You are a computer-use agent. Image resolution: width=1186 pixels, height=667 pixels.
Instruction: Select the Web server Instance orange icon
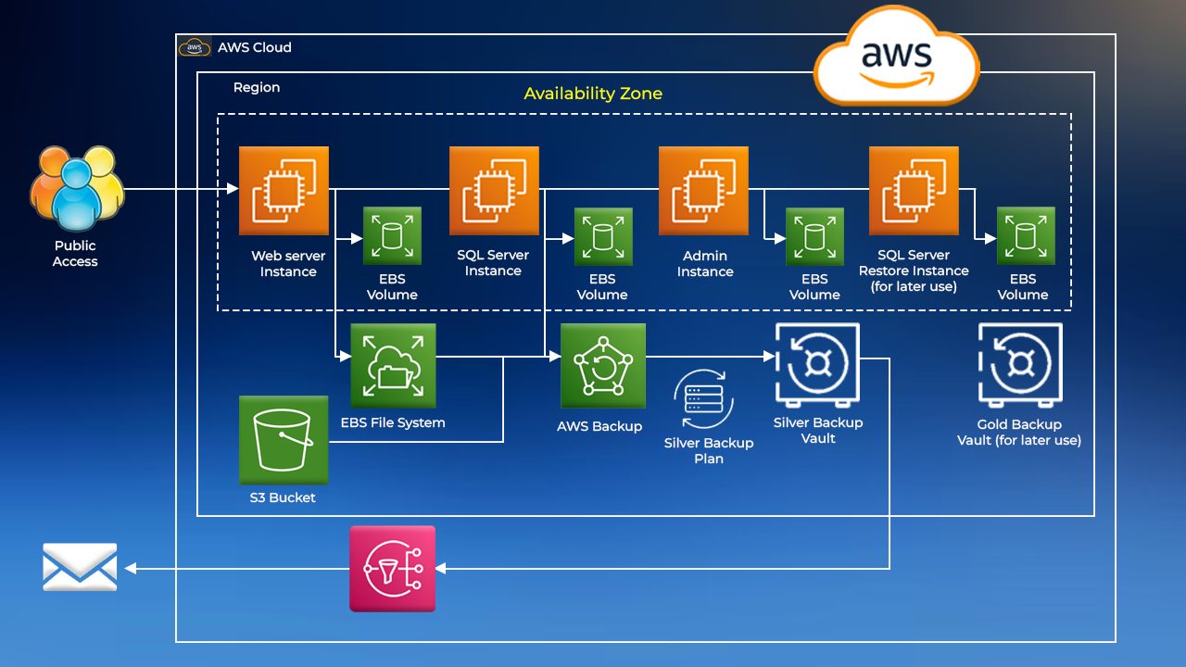tap(284, 190)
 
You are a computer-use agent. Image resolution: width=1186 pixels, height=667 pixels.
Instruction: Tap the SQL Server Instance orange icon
tap(495, 190)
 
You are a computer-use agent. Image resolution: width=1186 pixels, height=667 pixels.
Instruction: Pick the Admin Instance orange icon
tap(703, 190)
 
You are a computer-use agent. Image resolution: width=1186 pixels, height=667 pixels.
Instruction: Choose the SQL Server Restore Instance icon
tap(914, 190)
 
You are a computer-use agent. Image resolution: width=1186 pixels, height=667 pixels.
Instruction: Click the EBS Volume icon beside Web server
tap(393, 236)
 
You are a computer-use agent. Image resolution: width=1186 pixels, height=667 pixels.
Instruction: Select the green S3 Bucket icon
tap(284, 439)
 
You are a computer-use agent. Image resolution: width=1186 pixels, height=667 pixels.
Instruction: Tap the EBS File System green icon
tap(393, 365)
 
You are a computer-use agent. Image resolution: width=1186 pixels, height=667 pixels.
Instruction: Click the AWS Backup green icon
tap(602, 365)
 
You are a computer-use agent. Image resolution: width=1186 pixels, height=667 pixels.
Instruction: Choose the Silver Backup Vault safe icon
tap(817, 365)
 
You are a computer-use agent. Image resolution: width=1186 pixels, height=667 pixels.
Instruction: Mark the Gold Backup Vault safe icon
tap(1019, 365)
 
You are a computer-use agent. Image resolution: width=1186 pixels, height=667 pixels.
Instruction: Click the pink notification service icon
tap(392, 568)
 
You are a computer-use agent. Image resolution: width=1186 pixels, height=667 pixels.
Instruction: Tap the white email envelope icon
tap(80, 567)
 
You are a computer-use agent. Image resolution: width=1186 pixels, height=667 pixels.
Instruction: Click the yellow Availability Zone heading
tap(593, 94)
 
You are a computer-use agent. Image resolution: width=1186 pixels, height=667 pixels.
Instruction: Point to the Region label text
tap(257, 87)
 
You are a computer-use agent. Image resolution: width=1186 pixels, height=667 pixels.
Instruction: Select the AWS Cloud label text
tap(255, 47)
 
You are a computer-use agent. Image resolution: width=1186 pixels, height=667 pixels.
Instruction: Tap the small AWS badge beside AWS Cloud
tap(195, 47)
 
